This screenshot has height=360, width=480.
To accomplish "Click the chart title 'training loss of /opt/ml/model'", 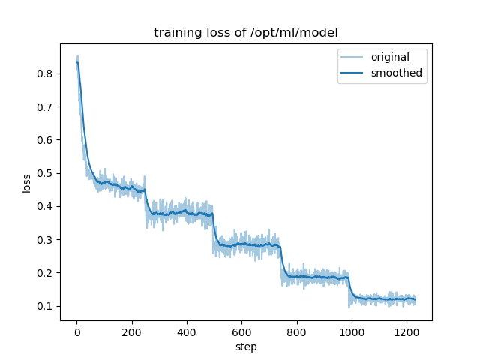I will pos(245,33).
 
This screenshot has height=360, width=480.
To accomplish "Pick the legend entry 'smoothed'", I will pos(397,73).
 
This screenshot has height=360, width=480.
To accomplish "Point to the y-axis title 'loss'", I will pos(26,183).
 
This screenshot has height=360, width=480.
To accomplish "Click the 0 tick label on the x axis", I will pos(76,333).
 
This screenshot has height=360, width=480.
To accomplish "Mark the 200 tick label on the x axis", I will pos(131,333).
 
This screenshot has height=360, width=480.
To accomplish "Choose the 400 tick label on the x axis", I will pos(187,333).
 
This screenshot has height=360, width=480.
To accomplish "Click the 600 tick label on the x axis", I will pos(241,333).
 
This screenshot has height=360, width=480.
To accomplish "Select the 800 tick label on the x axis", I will pos(296,333).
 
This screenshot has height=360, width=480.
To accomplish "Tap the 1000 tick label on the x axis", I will pos(352,333).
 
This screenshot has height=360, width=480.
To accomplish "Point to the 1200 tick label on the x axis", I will pos(406,333).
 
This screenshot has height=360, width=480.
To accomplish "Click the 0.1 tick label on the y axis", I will pos(45,306).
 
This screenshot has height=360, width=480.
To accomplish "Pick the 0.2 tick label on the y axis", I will pos(45,273).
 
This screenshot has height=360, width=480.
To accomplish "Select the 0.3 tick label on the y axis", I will pos(45,240).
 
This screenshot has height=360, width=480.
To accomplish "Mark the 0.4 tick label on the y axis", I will pos(45,206).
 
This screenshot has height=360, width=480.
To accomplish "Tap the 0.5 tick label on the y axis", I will pos(45,173).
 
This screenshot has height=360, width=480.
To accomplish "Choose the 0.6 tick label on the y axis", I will pos(45,140).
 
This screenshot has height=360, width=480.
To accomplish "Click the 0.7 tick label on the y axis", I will pos(45,107).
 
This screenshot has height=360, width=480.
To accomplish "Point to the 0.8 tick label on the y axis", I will pos(45,73).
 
